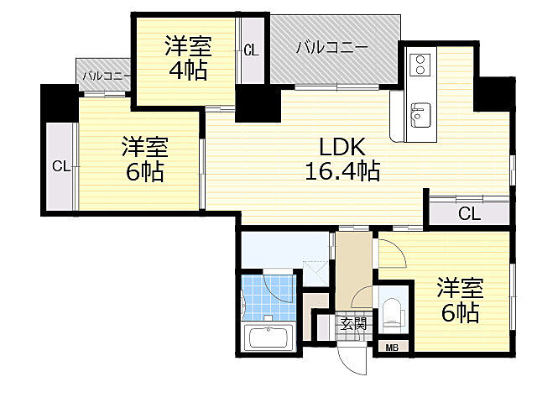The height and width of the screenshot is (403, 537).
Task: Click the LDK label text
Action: [341, 148]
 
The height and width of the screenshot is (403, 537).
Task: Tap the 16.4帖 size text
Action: [341, 173]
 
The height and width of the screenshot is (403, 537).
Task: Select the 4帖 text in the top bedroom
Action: [187, 71]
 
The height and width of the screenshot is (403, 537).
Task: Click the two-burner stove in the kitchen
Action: [420, 64]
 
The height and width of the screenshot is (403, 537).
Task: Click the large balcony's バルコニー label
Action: [331, 48]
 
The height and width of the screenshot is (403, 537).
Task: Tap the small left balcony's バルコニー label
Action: [105, 76]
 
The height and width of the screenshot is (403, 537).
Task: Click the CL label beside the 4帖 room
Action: [251, 50]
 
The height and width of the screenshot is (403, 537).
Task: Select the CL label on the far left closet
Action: [60, 166]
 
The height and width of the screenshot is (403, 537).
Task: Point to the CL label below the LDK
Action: [469, 213]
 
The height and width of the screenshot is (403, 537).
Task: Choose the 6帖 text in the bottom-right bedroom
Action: [461, 314]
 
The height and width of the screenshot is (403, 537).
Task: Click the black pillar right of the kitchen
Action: [493, 93]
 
